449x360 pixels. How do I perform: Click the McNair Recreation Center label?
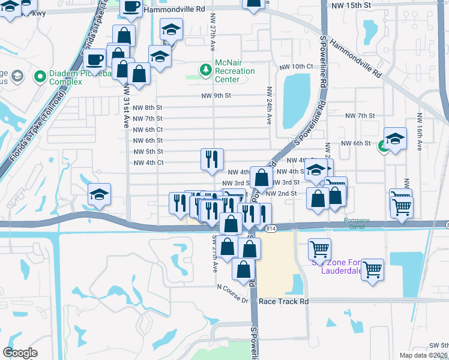235,71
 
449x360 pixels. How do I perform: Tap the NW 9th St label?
216,95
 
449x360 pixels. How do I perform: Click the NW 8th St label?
148,107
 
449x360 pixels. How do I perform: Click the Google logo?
20,353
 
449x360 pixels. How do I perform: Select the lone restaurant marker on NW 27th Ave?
212,158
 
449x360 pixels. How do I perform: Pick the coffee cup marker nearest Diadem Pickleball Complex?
95,59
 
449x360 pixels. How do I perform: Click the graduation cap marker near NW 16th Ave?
395,137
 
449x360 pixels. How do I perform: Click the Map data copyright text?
423,356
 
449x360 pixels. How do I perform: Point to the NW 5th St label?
148,151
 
